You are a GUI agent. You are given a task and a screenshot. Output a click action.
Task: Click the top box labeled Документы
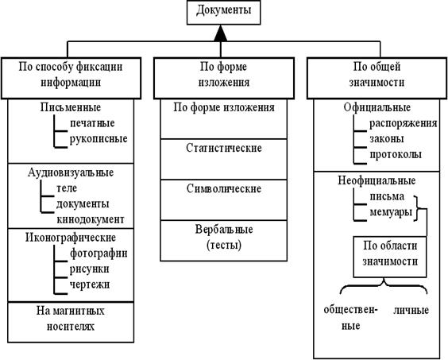(x=224, y=12)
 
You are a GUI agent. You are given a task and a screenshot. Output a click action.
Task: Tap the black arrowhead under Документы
(x=220, y=33)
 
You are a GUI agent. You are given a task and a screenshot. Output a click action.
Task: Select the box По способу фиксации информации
(x=71, y=79)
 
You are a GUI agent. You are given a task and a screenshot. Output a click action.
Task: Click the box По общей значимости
(x=377, y=79)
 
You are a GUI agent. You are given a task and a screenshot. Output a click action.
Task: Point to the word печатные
(x=92, y=123)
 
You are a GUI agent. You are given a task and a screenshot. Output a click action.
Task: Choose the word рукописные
(x=98, y=139)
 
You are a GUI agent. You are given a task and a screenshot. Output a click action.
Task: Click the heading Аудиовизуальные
(x=71, y=172)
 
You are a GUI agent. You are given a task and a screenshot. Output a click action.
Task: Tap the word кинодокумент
(x=91, y=219)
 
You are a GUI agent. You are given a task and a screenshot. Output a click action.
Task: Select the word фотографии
(x=98, y=254)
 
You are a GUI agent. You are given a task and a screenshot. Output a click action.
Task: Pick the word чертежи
(x=90, y=285)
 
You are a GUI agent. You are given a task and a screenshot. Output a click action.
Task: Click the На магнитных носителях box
(x=71, y=323)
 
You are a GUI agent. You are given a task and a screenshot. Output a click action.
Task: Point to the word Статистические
(x=224, y=148)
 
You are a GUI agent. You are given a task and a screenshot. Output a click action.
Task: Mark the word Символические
(x=224, y=188)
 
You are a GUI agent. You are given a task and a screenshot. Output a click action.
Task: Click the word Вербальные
(x=224, y=230)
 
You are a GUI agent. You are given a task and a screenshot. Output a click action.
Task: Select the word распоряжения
(x=404, y=123)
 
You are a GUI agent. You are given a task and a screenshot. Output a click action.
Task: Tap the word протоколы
(x=396, y=155)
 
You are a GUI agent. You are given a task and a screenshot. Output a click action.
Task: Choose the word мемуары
(x=391, y=212)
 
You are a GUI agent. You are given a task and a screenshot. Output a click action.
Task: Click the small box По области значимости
(x=390, y=257)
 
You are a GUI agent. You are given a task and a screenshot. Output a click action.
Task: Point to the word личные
(x=411, y=310)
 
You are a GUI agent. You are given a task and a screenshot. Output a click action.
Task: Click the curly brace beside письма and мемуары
(x=417, y=209)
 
